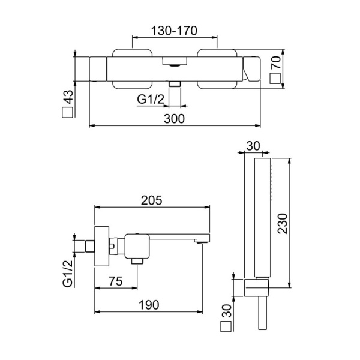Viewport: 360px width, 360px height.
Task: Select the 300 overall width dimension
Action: (x=173, y=119)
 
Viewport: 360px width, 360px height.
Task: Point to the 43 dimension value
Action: (x=67, y=96)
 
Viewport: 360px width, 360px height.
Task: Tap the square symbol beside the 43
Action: (x=67, y=112)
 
